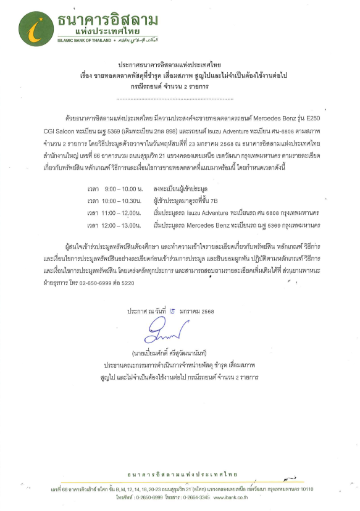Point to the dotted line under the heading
[180, 98]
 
